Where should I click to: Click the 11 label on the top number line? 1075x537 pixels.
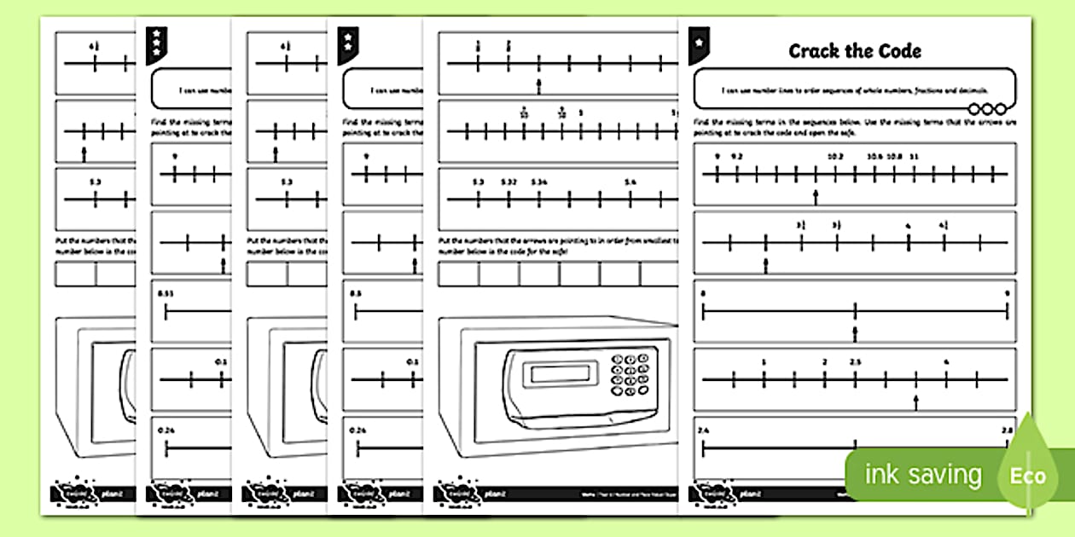914,157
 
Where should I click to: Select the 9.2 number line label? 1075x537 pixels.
737,157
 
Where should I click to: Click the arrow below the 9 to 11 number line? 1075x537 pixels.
816,198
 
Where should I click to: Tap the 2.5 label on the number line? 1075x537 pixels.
855,361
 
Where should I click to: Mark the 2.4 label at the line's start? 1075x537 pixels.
703,430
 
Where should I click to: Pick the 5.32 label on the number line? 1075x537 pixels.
508,182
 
